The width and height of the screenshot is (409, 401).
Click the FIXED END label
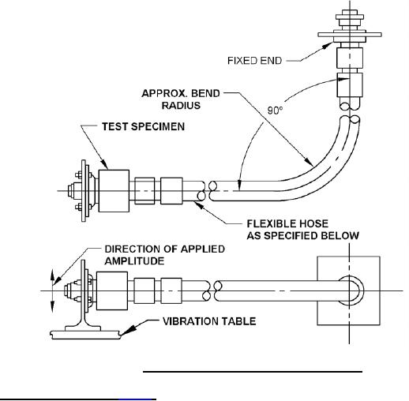[254, 61]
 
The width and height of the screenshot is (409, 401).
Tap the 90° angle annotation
[275, 111]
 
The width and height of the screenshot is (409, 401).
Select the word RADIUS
[181, 106]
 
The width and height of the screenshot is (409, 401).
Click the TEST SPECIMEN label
[143, 126]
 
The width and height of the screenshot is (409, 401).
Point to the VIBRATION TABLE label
[209, 321]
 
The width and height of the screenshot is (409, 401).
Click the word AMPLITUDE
[134, 261]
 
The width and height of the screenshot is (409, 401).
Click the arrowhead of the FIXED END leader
[328, 46]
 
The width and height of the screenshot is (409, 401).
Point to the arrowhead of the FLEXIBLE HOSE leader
[199, 205]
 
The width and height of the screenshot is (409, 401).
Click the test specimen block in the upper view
[114, 191]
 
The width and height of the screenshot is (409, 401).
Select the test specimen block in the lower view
[112, 290]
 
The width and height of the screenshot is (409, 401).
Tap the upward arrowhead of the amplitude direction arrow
[52, 275]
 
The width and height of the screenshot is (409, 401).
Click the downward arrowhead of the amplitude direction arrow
[53, 306]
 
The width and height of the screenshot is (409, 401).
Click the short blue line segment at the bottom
[137, 399]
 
